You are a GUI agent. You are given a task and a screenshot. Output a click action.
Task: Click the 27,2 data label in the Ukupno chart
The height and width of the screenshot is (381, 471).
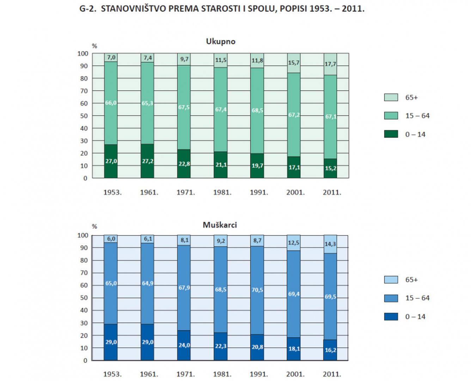(147, 161)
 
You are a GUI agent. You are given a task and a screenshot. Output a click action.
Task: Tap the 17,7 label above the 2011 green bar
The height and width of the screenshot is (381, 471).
(330, 64)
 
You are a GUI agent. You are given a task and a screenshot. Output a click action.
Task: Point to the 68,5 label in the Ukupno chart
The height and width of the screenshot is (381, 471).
(257, 110)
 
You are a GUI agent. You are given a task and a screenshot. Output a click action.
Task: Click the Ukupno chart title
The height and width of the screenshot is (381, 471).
(221, 41)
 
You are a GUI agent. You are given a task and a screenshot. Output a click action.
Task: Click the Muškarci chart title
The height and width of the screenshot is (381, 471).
(220, 225)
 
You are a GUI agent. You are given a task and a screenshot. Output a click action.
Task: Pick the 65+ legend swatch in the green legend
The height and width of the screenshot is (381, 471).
(391, 97)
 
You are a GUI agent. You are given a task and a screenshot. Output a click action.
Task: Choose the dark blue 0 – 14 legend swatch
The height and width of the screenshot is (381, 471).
(391, 316)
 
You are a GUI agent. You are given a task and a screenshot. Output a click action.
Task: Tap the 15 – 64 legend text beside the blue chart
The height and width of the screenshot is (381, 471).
(417, 298)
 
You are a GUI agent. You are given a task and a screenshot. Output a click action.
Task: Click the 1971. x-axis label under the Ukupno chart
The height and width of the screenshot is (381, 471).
(185, 193)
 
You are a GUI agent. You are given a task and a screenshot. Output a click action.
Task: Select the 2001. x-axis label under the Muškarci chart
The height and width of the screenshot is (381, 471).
(295, 374)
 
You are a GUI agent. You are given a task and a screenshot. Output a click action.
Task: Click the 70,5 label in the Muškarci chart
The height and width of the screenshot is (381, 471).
(257, 290)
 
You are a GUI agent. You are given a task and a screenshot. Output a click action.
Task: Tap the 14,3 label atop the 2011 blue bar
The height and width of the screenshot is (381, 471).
(330, 244)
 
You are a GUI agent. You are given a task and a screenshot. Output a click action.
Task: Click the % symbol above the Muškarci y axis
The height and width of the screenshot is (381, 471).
(94, 226)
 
